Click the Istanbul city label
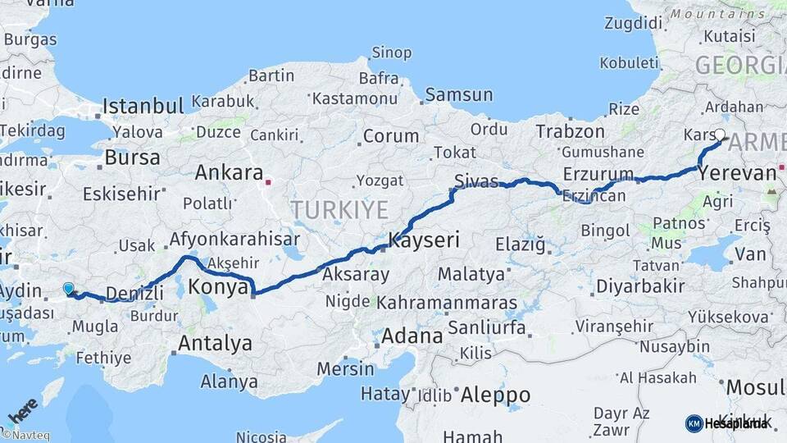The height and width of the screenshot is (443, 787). [x=143, y=106]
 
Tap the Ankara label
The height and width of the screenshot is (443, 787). [x=229, y=173]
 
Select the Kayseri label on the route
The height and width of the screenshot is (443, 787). [x=424, y=241]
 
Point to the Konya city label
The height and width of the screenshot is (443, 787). [x=218, y=287]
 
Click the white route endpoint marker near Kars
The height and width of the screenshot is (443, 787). [x=720, y=135]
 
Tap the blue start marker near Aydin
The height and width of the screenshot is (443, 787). [x=68, y=288]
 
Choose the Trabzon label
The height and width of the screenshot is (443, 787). [x=568, y=131]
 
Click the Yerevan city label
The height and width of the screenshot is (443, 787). [x=737, y=173]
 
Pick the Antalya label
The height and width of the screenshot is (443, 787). [x=215, y=343]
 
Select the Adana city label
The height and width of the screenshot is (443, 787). [x=412, y=336]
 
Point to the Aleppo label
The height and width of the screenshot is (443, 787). [x=494, y=395]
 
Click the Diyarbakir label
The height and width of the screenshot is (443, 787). [x=629, y=286]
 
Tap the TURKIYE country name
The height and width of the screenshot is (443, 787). [x=339, y=210]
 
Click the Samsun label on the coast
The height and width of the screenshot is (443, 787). [x=459, y=95]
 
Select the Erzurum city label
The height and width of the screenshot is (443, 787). [x=598, y=174]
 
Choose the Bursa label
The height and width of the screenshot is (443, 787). [x=132, y=157]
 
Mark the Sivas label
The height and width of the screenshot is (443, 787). [x=477, y=181]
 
